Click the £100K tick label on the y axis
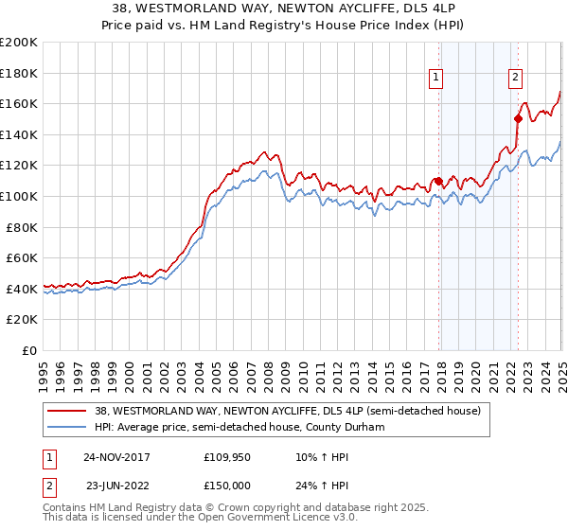(x=19, y=196)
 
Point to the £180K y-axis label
(x=19, y=72)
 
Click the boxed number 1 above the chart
(x=436, y=79)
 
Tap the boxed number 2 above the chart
(x=515, y=79)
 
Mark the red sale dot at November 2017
(x=438, y=181)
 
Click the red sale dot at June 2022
(x=518, y=118)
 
